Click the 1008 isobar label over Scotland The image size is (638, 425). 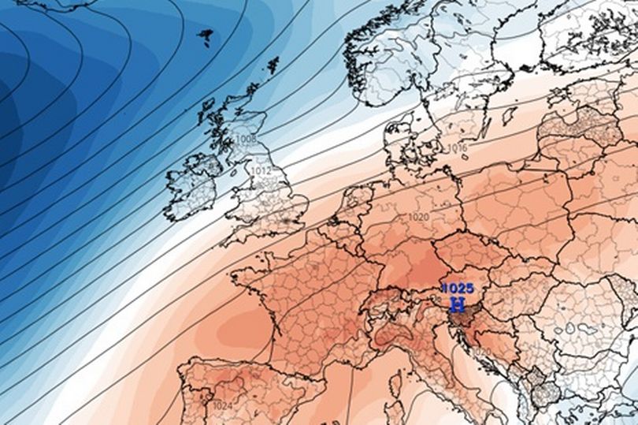tap(245, 140)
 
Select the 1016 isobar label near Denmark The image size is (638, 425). tap(457, 148)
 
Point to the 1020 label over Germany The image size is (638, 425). tap(419, 217)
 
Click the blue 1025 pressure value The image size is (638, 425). tap(457, 288)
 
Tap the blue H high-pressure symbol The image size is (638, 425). tap(457, 304)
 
